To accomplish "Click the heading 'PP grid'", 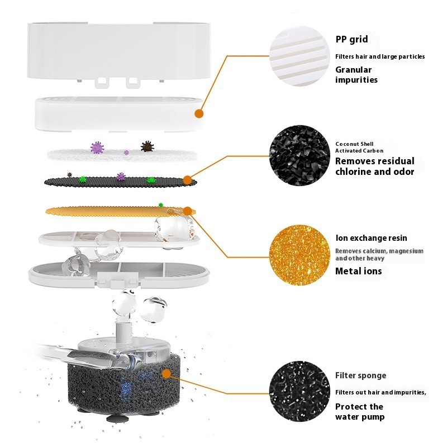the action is (351, 39).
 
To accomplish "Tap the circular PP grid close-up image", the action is (299, 56).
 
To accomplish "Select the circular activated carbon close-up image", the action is (299, 156).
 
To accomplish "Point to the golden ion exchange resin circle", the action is (299, 255).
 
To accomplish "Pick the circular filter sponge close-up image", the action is (299, 392).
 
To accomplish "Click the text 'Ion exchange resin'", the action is (371, 238).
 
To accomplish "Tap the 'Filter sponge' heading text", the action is (360, 375).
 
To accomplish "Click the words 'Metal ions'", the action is (358, 271).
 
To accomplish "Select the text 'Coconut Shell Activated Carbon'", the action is (359, 148).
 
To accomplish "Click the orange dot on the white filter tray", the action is (199, 114).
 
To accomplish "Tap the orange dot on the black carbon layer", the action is (187, 180).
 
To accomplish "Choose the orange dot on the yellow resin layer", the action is (187, 211).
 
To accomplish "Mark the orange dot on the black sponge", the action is (166, 374).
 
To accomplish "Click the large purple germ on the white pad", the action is (97, 148).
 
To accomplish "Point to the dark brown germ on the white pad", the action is (148, 146).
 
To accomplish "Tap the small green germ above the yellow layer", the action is (161, 205).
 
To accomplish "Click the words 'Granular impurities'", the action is (356, 75).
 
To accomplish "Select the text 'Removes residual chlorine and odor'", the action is (374, 166).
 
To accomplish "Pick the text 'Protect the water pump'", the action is (360, 412).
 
